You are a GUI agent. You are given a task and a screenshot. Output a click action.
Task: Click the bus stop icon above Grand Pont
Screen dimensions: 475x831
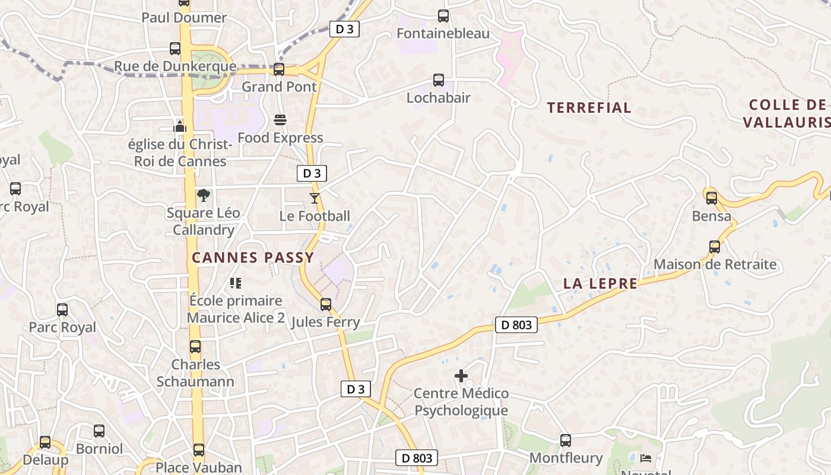click(x=279, y=69)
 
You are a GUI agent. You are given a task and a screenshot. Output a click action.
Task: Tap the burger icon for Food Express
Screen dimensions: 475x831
click(x=280, y=121)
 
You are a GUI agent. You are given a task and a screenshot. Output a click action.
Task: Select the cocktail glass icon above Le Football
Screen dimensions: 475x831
click(x=315, y=198)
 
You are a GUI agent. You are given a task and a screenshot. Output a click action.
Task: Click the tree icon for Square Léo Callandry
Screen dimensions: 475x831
click(x=203, y=195)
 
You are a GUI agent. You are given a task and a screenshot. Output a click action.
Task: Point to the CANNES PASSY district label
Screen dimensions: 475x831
click(x=253, y=258)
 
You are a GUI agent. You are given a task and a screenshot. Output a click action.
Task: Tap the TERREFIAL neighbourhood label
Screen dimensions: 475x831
click(x=589, y=108)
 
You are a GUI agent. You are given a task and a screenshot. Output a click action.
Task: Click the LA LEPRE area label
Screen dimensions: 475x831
click(x=600, y=284)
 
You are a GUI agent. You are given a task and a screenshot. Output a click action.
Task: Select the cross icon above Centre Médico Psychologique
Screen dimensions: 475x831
click(x=461, y=376)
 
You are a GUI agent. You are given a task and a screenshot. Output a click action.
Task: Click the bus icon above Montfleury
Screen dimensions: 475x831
click(x=566, y=441)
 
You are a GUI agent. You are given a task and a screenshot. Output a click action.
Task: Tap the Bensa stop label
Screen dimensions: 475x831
click(x=712, y=216)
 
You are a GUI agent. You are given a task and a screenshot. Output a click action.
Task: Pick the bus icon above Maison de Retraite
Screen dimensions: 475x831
click(x=715, y=247)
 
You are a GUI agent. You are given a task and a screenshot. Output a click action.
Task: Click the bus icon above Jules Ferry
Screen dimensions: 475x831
click(x=325, y=305)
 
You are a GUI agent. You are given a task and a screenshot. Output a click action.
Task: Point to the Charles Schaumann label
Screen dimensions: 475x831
click(x=195, y=373)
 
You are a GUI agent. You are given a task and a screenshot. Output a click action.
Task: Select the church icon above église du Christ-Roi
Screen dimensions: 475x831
click(x=180, y=126)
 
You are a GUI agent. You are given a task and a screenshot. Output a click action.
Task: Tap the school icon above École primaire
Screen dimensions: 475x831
click(x=236, y=283)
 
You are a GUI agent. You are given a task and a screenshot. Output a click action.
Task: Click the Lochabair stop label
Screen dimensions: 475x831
click(x=438, y=97)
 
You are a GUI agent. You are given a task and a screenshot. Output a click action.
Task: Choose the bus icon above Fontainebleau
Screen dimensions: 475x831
click(x=443, y=16)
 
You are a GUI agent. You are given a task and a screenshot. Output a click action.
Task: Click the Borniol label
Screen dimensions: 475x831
click(x=99, y=448)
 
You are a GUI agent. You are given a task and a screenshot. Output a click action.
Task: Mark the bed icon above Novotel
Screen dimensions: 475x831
click(x=646, y=458)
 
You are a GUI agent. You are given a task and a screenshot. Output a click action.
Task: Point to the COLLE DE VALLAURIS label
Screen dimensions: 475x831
click(x=787, y=113)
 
